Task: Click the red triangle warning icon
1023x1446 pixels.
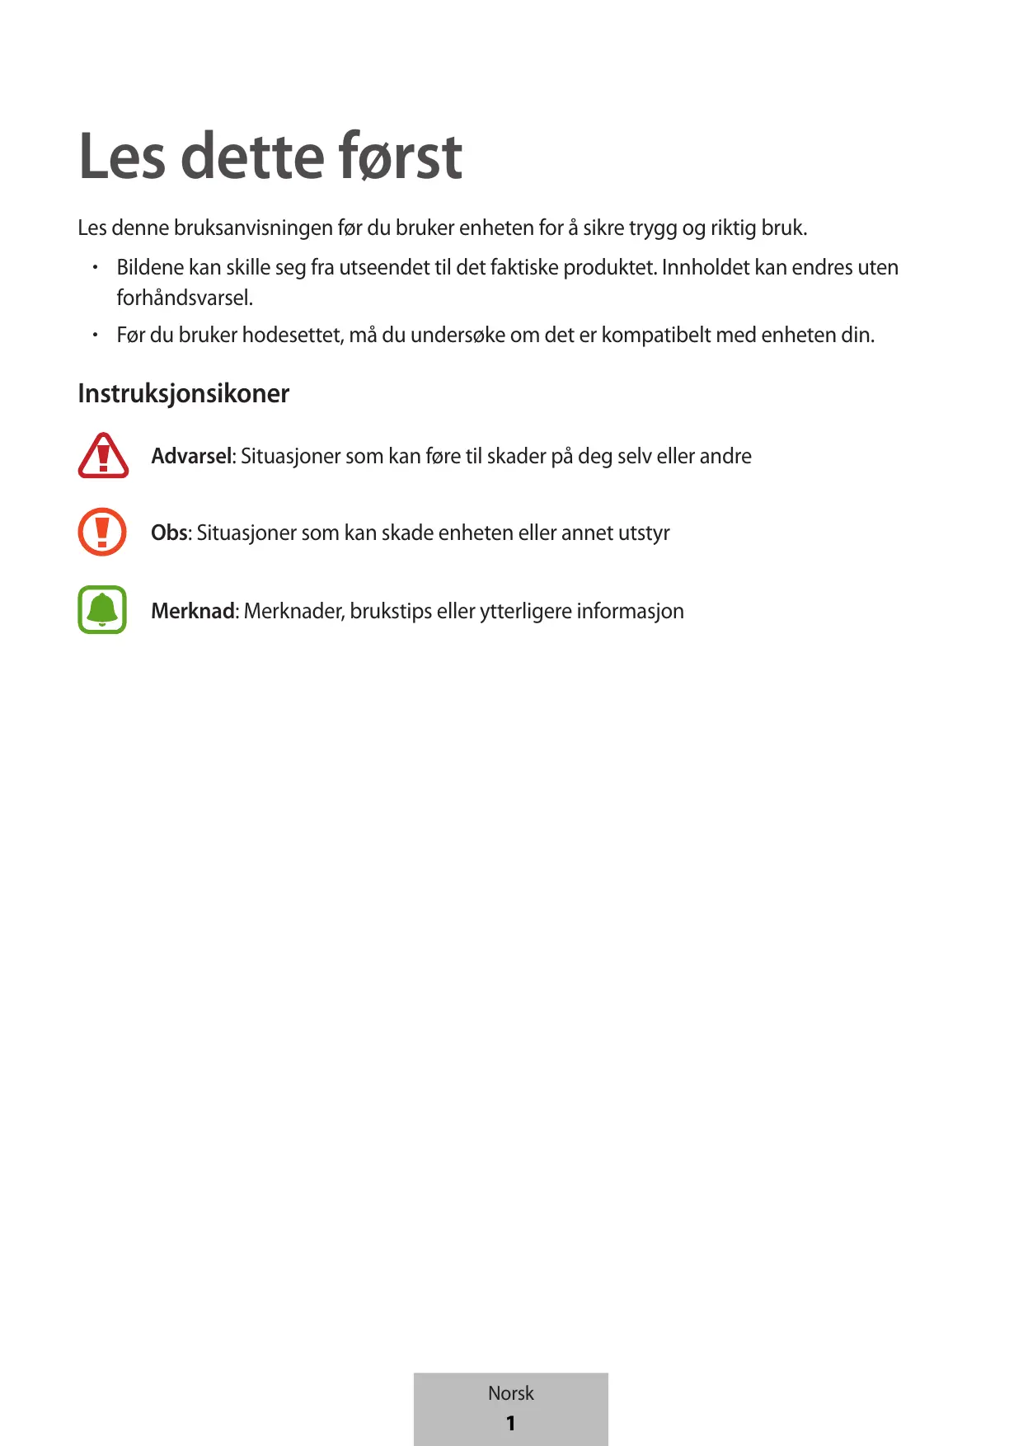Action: click(x=103, y=455)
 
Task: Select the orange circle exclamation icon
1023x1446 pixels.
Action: click(x=102, y=532)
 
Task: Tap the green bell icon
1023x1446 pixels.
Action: click(x=102, y=610)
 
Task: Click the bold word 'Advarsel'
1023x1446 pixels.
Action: click(x=193, y=456)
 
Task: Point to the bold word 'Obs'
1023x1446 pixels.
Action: click(x=170, y=533)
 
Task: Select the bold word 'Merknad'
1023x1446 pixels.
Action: click(x=193, y=611)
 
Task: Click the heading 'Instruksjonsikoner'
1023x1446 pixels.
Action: click(x=183, y=393)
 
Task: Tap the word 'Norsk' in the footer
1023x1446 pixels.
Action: click(x=511, y=1393)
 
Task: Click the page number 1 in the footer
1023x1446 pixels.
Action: click(x=511, y=1423)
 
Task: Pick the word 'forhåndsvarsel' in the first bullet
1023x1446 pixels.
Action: click(x=183, y=298)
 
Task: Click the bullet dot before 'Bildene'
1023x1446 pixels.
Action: click(x=96, y=267)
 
